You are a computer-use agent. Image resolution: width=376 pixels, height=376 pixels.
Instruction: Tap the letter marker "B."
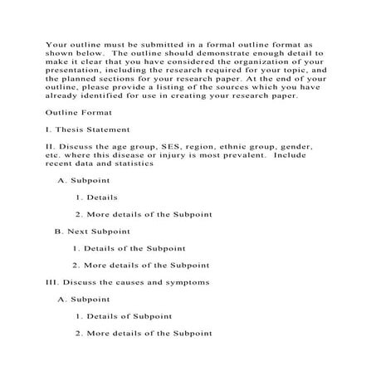59,232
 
